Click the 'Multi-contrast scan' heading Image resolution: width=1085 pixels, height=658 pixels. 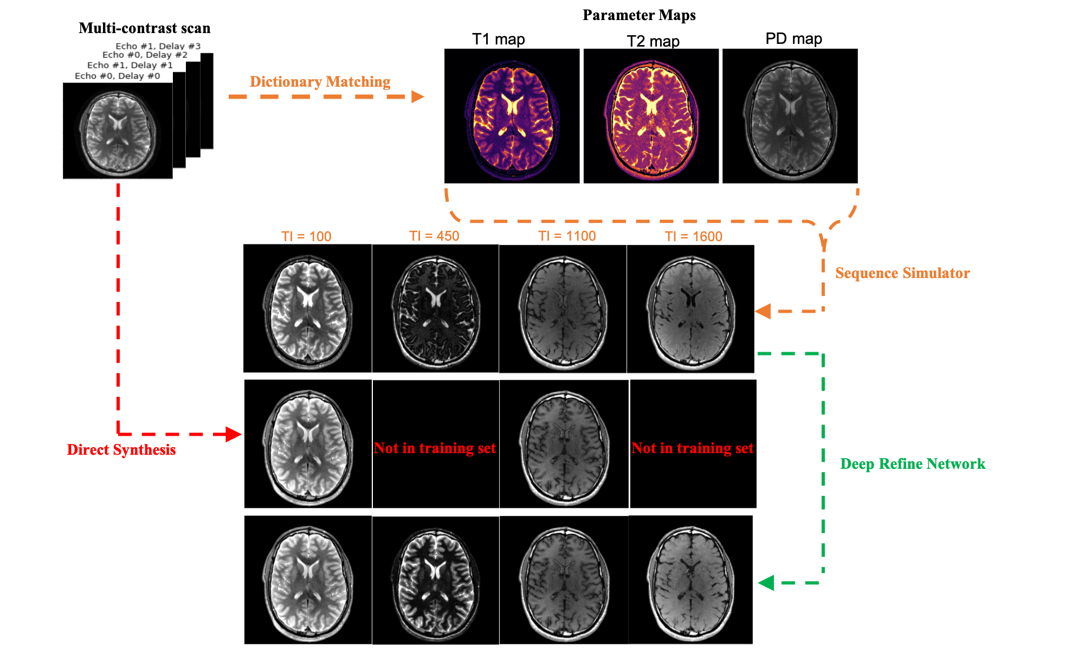(144, 28)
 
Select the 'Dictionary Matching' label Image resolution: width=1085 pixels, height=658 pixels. (320, 82)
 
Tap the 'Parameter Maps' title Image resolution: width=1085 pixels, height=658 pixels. (639, 15)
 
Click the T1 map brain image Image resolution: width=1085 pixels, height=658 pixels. (512, 116)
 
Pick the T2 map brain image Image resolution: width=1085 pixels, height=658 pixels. (651, 116)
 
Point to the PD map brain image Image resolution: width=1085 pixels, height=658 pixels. (790, 116)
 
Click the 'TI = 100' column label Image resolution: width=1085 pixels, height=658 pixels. (306, 236)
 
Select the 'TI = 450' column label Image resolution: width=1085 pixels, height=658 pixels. (434, 236)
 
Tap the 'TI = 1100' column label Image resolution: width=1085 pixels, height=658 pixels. (567, 236)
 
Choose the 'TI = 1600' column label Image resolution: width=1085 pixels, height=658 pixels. (694, 236)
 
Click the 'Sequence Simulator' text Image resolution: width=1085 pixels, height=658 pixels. (902, 273)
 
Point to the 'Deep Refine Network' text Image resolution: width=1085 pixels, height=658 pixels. (913, 464)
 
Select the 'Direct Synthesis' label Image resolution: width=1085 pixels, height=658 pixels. (121, 450)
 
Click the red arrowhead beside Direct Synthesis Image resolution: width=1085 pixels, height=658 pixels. (234, 434)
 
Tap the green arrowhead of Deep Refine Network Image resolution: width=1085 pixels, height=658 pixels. (766, 583)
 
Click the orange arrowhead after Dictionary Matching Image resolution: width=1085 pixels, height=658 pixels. (417, 96)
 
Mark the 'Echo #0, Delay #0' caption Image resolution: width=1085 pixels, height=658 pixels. (117, 76)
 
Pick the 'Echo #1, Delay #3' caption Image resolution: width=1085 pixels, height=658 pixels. (158, 46)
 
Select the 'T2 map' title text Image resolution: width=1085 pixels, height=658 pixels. (653, 41)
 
